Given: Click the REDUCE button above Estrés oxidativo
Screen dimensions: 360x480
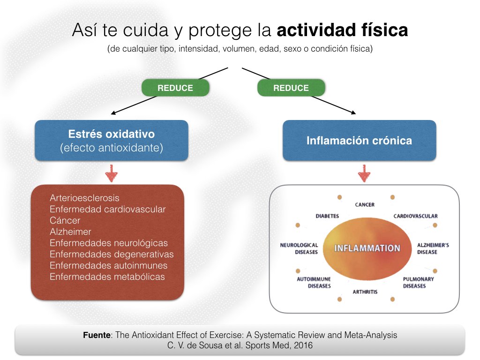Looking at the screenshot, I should (x=175, y=88).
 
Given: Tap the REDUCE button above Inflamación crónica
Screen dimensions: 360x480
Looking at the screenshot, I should (x=291, y=88).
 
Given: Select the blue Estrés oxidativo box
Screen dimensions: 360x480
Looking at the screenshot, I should (x=111, y=141).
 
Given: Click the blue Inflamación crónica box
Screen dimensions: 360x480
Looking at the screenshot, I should (x=359, y=141).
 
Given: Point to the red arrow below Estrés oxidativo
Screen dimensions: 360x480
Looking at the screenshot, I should (x=111, y=173).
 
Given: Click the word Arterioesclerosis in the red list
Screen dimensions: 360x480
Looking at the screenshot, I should (x=84, y=198).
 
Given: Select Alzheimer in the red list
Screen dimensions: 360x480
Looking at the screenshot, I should (x=70, y=232).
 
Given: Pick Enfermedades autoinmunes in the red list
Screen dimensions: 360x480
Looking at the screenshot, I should (x=108, y=265).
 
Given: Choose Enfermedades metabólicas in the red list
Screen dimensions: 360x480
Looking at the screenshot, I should (x=107, y=277).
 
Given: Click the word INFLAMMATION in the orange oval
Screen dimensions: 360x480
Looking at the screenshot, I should (x=367, y=248).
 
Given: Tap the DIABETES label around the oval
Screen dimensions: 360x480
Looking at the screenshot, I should (x=327, y=216).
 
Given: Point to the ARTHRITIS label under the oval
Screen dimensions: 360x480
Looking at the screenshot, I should (x=365, y=292).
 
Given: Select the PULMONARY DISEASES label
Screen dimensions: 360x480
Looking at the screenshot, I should (x=418, y=282).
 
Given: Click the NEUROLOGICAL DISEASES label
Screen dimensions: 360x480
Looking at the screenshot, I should (x=299, y=248).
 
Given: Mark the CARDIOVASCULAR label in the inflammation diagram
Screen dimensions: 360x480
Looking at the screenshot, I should (x=415, y=216).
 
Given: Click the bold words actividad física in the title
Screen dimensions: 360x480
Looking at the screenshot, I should (x=342, y=31).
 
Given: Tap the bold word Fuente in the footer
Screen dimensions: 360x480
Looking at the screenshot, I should (x=97, y=335).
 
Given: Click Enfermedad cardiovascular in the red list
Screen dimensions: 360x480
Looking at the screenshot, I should (x=107, y=210).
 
